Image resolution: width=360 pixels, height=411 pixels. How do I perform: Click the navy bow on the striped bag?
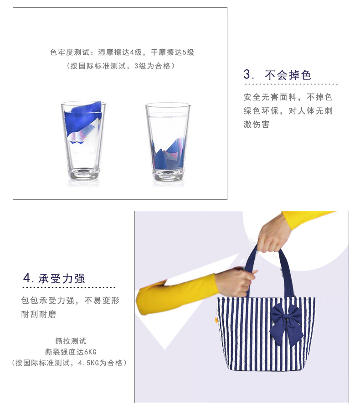tap(286, 324)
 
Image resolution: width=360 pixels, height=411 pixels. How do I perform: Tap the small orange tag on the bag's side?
tap(216, 320)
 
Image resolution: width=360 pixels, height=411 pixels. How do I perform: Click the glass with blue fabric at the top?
tap(83, 141)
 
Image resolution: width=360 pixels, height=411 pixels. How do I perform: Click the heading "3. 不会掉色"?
tap(277, 75)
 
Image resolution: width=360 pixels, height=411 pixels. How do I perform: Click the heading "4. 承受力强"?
tap(54, 278)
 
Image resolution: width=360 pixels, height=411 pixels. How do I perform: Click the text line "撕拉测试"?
tap(71, 341)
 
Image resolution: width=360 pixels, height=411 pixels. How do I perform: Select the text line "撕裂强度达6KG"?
tap(71, 352)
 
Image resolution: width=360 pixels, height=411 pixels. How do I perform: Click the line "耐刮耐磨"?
tap(39, 314)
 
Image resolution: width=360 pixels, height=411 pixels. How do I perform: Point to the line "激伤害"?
tap(256, 124)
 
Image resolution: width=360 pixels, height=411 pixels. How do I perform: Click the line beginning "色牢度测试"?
tap(122, 52)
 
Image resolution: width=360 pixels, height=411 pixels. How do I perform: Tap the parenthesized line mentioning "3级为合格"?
tap(121, 66)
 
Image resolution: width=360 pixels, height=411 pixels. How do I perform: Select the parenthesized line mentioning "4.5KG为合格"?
tap(69, 363)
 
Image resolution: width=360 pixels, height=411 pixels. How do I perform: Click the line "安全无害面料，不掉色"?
tap(288, 97)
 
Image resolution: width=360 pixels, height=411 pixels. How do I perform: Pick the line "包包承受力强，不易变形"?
tap(70, 301)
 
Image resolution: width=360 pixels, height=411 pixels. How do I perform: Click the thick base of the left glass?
tap(84, 174)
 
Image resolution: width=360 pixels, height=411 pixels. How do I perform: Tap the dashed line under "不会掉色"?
tap(291, 84)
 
